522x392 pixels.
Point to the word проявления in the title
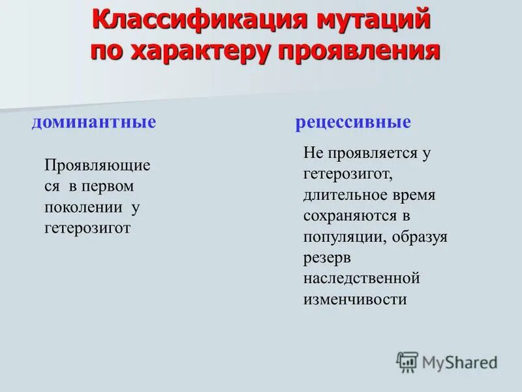358,52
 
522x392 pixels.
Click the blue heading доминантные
94,122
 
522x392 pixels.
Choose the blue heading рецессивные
353,122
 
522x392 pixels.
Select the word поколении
83,207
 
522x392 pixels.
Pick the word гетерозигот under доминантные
87,228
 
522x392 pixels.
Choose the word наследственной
361,279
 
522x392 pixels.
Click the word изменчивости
355,300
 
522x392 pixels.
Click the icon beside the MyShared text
407,361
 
